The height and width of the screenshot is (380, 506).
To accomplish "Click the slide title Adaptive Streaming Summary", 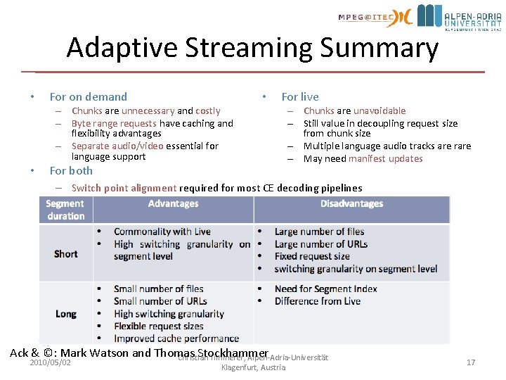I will point(252,48).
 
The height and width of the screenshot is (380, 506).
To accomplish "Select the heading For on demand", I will point(89,97).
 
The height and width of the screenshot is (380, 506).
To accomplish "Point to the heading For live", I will point(300,97).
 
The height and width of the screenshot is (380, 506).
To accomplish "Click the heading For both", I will point(71,171).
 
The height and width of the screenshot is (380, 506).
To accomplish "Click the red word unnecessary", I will point(148,111).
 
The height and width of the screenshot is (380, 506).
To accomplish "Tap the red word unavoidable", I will point(379,111).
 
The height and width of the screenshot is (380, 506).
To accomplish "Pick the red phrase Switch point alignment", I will point(124,188).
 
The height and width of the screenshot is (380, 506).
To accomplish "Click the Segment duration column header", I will point(65,210).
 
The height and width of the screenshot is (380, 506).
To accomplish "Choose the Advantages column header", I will point(173,204).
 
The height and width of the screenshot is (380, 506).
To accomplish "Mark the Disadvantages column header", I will point(351,204).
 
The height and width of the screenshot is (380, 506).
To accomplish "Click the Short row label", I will point(66,253).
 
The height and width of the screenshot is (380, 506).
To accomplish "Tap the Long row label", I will point(66,314).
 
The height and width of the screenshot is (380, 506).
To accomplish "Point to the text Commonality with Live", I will point(162,232).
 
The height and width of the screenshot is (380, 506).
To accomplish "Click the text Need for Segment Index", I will point(325,289).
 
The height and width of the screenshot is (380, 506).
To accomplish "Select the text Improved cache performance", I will point(176,338).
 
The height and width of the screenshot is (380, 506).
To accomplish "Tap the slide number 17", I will point(471,362).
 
